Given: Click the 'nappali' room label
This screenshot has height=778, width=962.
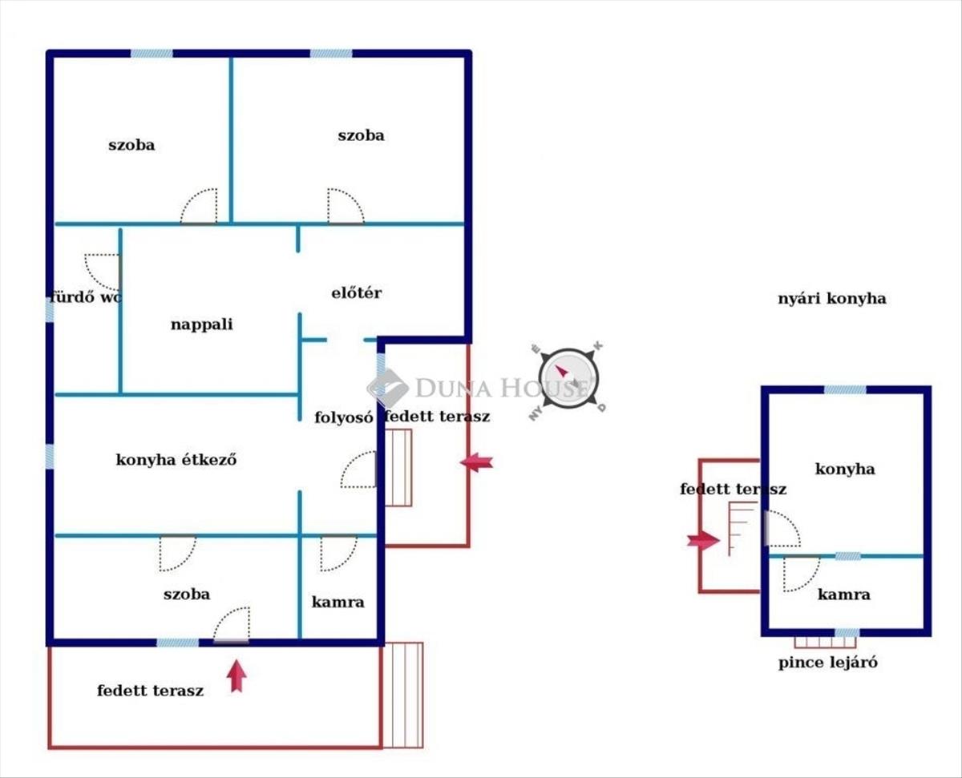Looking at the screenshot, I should (x=201, y=325).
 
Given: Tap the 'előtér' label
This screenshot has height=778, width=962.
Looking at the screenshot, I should (x=356, y=293).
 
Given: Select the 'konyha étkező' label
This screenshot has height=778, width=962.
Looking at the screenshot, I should (x=176, y=460).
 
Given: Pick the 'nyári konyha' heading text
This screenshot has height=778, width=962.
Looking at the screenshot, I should (x=831, y=299).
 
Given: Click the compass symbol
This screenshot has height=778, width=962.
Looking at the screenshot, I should (x=568, y=377).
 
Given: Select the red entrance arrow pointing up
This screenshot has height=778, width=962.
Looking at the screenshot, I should (x=236, y=675).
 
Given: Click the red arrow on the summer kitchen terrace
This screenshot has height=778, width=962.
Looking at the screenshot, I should (x=703, y=541).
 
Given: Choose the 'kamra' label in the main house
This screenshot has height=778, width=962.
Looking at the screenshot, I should (x=338, y=602).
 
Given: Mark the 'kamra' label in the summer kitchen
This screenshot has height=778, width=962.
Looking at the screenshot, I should (x=843, y=595).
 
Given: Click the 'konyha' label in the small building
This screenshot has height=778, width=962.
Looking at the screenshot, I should (x=844, y=470).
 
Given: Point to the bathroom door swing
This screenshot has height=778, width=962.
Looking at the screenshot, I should (x=103, y=271).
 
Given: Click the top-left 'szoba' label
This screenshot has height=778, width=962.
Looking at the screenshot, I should (x=131, y=145).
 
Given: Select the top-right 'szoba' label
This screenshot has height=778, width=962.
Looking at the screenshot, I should (x=360, y=135).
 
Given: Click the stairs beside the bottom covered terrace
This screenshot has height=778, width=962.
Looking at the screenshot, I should (x=402, y=695).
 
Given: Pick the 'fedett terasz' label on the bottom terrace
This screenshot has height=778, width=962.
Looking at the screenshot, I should (x=150, y=690).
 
